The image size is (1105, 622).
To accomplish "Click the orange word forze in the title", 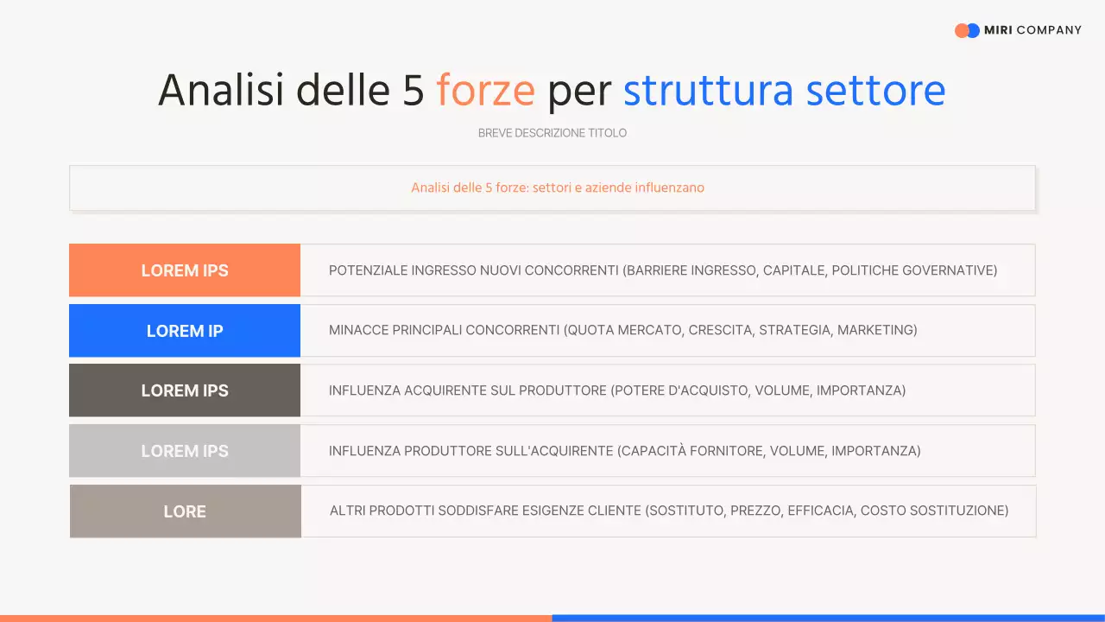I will click(x=485, y=91).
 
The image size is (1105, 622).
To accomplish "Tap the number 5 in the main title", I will click(x=413, y=91).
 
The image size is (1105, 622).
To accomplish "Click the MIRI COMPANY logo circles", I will click(x=967, y=30).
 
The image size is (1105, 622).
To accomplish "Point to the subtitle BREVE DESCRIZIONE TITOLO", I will click(x=552, y=133).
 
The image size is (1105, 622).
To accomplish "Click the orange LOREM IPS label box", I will click(x=185, y=270).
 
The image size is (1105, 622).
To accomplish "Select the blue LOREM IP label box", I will click(x=185, y=331).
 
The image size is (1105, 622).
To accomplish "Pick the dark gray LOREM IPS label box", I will click(x=185, y=390).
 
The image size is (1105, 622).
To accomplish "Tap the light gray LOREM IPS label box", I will click(x=185, y=451).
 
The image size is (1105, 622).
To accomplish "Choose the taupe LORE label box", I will click(x=185, y=511).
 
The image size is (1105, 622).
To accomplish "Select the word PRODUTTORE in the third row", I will click(x=561, y=390).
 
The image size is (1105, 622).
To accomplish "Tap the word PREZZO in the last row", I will click(x=754, y=511).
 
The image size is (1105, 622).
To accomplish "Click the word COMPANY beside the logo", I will click(x=1049, y=30).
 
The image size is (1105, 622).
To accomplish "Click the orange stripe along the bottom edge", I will click(x=276, y=618).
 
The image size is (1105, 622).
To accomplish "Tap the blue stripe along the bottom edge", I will click(x=829, y=618).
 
